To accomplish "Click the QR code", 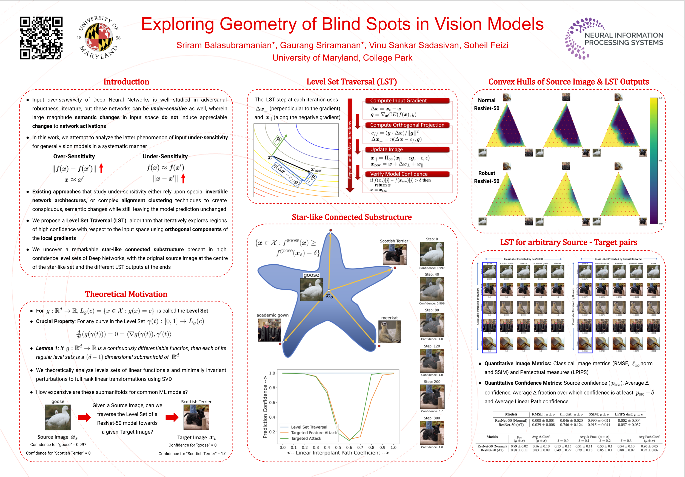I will pyautogui.click(x=41, y=38).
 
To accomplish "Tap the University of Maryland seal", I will pyautogui.click(x=98, y=38).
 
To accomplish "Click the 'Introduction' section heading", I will pyautogui.click(x=126, y=82).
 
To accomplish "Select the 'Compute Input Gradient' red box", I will pyautogui.click(x=407, y=101).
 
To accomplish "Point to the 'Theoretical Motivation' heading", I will pyautogui.click(x=126, y=295).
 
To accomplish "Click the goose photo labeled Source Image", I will pyautogui.click(x=58, y=417).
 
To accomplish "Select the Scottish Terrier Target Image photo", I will pyautogui.click(x=196, y=417).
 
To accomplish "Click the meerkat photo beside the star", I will pyautogui.click(x=389, y=332).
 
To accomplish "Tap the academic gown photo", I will pyautogui.click(x=269, y=330).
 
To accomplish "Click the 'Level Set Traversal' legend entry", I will pyautogui.click(x=309, y=427).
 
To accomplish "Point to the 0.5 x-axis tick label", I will pyautogui.click(x=338, y=447).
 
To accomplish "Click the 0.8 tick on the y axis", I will pyautogui.click(x=272, y=388).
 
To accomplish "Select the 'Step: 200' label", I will pyautogui.click(x=432, y=382).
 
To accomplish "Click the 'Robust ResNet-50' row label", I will pyautogui.click(x=487, y=177).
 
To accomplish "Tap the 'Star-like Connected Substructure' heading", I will pyautogui.click(x=352, y=217).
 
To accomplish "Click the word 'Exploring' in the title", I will pyautogui.click(x=178, y=24).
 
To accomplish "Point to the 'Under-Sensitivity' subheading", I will pyautogui.click(x=165, y=157).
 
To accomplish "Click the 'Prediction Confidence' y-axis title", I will pyautogui.click(x=265, y=407).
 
